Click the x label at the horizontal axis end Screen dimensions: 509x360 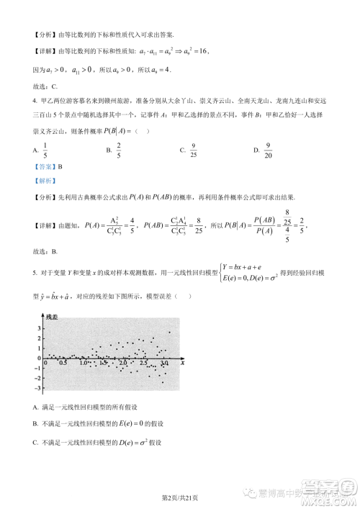183,364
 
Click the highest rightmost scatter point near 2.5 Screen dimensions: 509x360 169,332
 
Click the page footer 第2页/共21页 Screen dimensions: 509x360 179,497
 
